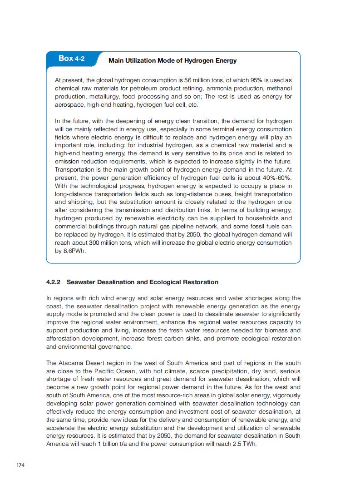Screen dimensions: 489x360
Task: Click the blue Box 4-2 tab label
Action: (71, 59)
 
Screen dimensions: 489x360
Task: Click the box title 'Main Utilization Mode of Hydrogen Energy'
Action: (173, 60)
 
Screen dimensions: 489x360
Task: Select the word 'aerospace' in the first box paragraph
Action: (69, 105)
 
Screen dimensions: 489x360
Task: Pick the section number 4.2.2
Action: (54, 282)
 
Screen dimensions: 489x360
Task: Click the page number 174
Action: (20, 465)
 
